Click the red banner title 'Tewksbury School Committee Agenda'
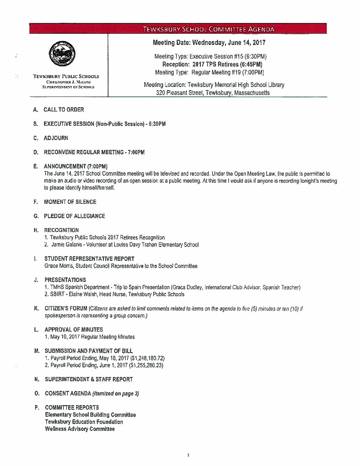coord(209,29)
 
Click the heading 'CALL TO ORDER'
coord(64,110)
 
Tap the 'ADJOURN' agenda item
coord(56,138)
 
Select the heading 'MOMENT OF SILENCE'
coord(70,202)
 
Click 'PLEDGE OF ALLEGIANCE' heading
coord(74,216)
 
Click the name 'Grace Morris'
coord(58,266)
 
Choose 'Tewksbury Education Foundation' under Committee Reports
coord(84,422)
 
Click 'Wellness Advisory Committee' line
coord(80,429)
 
